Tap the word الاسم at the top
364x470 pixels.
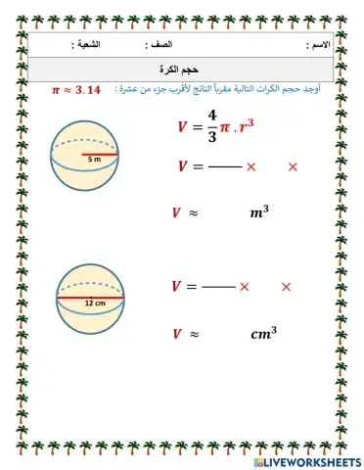pos(319,46)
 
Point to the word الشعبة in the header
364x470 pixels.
pos(92,46)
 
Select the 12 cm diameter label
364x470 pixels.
pos(94,304)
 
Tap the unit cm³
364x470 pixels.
pos(263,333)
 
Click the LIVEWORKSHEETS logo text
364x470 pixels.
pos(302,460)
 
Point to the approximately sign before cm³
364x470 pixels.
pos(195,334)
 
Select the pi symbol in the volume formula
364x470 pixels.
pos(232,125)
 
